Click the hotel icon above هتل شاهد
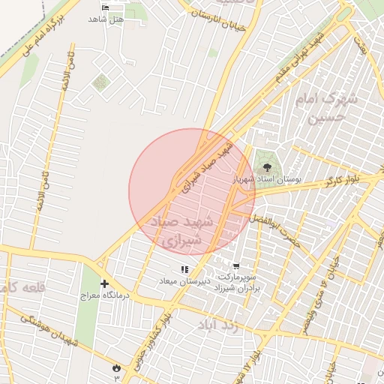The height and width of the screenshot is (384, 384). tap(104, 7)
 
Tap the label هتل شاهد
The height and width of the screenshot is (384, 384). tap(104, 18)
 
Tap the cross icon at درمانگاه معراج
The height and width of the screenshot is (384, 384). tap(104, 284)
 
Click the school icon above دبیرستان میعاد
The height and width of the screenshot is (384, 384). tap(184, 269)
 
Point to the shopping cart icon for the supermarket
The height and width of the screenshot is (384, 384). tap(236, 266)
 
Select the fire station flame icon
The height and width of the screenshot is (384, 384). tap(115, 367)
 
